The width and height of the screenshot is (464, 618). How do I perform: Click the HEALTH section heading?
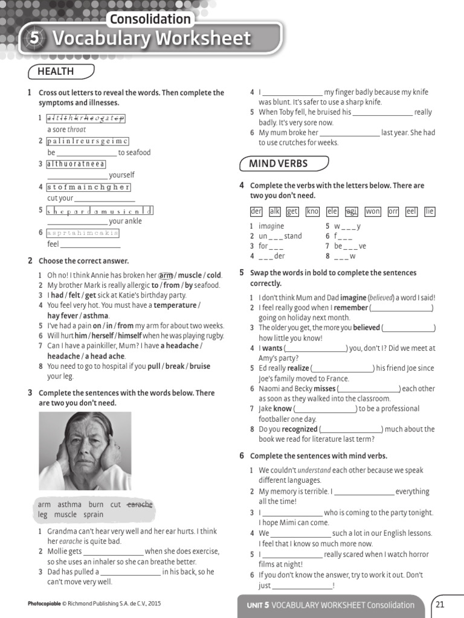tap(56, 72)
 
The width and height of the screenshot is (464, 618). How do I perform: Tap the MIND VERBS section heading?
tap(278, 164)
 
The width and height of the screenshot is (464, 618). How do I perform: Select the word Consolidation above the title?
tap(150, 19)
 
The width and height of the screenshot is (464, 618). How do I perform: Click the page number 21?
tap(439, 604)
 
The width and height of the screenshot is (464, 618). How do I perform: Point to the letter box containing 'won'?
tap(373, 211)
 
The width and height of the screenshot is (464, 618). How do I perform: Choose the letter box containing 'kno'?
tap(312, 211)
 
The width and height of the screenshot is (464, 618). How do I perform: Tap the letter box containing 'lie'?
tap(430, 211)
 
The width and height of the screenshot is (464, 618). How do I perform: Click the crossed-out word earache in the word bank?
tap(140, 505)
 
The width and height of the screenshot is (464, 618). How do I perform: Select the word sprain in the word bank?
tap(94, 515)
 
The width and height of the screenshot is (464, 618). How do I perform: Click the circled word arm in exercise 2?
tap(166, 275)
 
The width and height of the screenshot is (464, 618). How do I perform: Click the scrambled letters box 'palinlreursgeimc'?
tap(88, 141)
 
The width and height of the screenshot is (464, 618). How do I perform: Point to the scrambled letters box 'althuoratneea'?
tap(76, 164)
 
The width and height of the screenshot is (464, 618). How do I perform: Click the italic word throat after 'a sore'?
tap(77, 130)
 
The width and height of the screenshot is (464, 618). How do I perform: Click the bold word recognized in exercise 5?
tap(300, 429)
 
